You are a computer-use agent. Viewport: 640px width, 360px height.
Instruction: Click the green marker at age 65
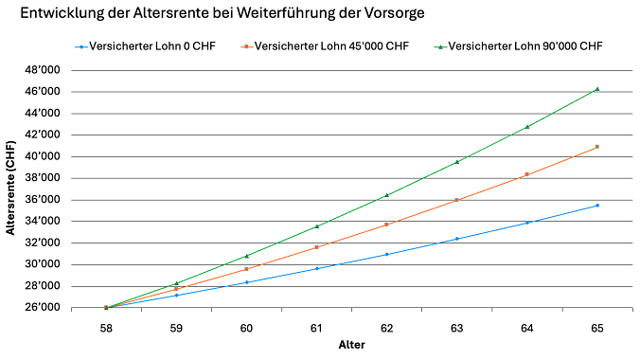pos(596,89)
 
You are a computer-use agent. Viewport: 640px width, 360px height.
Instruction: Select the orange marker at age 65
pos(596,147)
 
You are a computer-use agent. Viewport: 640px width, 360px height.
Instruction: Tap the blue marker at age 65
pos(596,206)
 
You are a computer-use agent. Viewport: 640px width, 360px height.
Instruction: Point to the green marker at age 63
pos(457,162)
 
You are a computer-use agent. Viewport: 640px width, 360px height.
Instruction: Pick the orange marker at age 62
pos(386,225)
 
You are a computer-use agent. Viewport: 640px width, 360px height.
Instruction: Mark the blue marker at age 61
pos(316,268)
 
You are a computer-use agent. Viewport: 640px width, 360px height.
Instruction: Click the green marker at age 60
pos(246,256)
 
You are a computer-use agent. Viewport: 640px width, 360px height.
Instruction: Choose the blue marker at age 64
pos(526,223)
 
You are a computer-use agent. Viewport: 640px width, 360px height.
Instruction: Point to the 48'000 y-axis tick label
pos(43,70)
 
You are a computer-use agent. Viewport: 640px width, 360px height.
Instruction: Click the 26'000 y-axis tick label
pos(43,308)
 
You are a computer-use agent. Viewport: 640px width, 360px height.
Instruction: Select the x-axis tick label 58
pos(106,327)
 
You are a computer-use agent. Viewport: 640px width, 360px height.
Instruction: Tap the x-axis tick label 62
pos(386,327)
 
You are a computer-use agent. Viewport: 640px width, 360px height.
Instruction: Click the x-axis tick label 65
pos(596,327)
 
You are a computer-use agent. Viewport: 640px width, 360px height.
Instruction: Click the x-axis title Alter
pos(351,345)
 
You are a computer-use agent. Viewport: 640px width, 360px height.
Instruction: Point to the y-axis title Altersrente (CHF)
pos(13,189)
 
